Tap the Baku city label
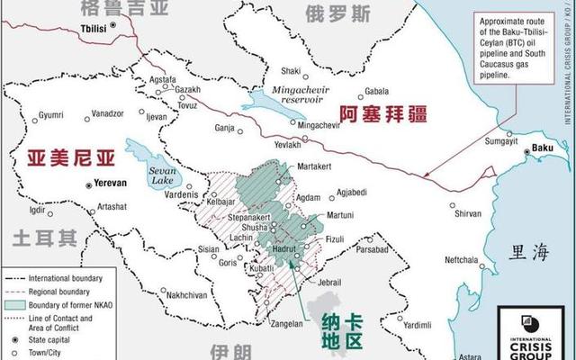point(543,148)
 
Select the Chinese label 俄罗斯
point(337,13)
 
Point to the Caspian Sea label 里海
point(527,252)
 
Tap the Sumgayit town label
point(502,141)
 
